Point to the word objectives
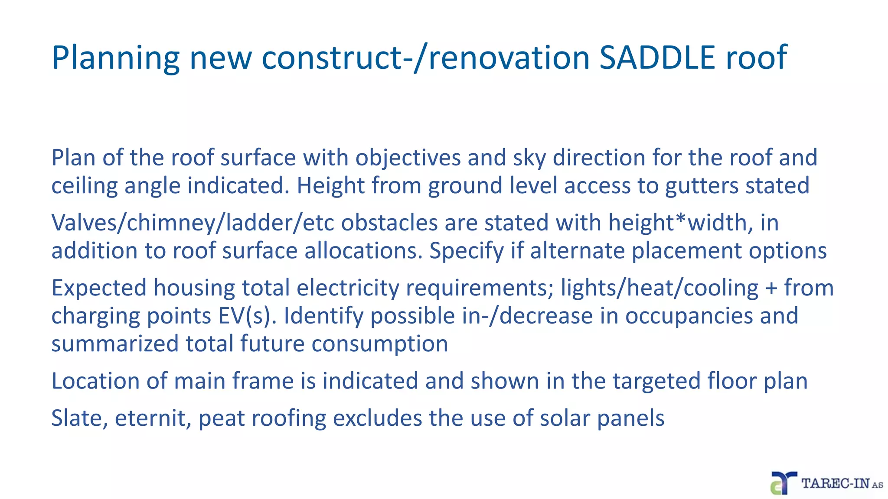408,157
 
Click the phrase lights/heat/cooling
659,288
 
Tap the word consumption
379,344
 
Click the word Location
95,381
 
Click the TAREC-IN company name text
841,483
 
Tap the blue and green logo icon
783,483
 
